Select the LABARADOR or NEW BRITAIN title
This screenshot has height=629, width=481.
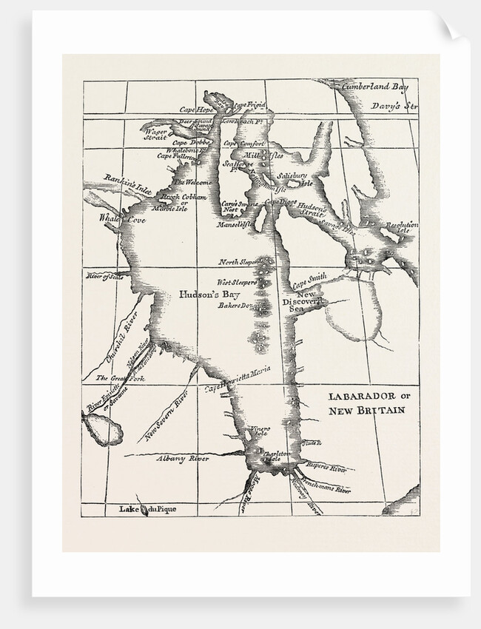pyautogui.click(x=366, y=403)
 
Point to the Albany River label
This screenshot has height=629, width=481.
pyautogui.click(x=184, y=459)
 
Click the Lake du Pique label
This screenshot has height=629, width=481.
pyautogui.click(x=148, y=509)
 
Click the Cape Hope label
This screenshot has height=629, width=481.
pyautogui.click(x=198, y=110)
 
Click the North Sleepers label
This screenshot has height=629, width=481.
pyautogui.click(x=238, y=263)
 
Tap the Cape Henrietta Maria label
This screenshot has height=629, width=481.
pyautogui.click(x=238, y=377)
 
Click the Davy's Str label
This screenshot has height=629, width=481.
pyautogui.click(x=394, y=107)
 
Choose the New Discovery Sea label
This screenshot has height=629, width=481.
pyautogui.click(x=302, y=303)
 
